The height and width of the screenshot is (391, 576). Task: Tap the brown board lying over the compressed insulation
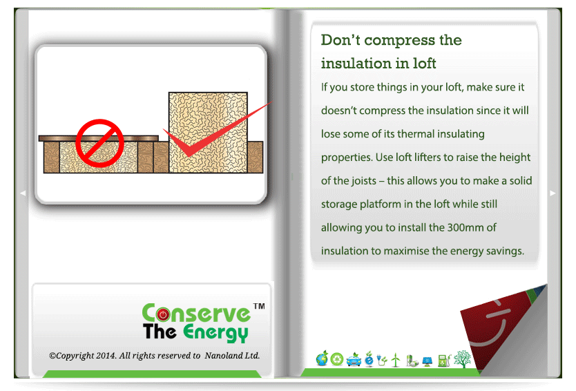click(99, 139)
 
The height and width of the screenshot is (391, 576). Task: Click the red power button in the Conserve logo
click(163, 314)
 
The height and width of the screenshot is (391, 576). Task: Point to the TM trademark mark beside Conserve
click(260, 306)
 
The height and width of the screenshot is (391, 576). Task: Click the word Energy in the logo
click(215, 332)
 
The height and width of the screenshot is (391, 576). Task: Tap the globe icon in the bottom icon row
click(322, 359)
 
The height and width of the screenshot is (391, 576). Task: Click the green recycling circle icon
click(336, 359)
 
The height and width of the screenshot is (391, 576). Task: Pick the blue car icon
click(354, 360)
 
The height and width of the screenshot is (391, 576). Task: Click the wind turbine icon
click(396, 360)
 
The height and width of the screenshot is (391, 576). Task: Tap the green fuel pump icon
click(444, 360)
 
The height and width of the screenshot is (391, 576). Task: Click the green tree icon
click(463, 359)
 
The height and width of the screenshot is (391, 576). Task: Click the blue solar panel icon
click(427, 361)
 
